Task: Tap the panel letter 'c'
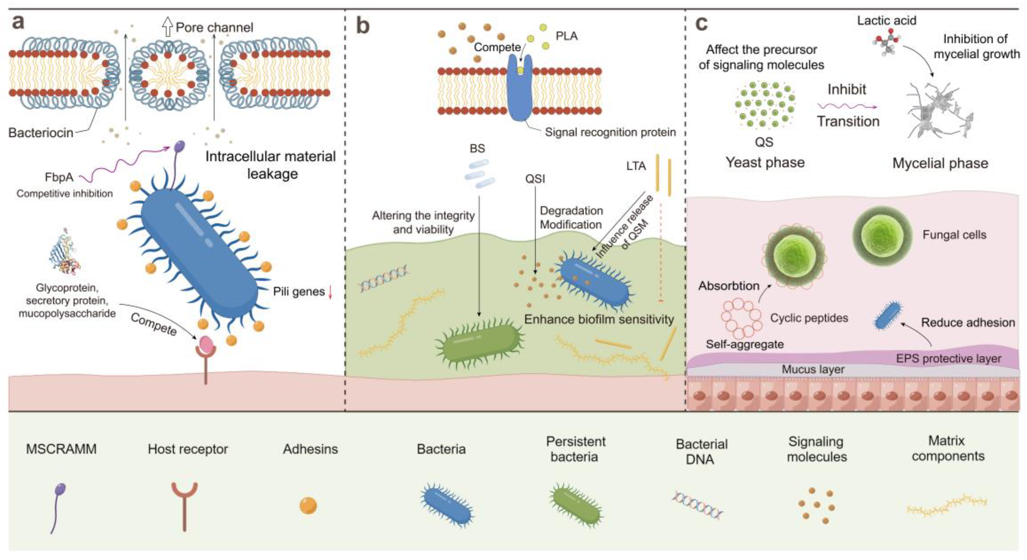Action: point(701,24)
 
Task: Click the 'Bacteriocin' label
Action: point(41,132)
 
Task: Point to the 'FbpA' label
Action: point(59,177)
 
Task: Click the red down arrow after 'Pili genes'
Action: point(330,292)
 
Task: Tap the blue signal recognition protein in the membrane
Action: point(520,88)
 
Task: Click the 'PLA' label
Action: point(567,36)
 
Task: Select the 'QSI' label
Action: point(535,179)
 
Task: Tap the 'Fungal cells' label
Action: point(954,235)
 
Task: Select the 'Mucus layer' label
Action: point(813,369)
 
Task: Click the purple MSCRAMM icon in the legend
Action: point(58,508)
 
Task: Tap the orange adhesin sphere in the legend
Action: point(308,506)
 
